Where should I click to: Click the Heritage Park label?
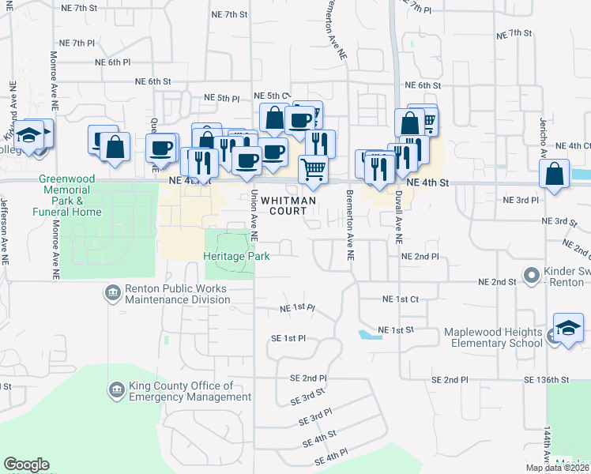[236, 256]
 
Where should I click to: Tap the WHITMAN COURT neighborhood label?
[289, 205]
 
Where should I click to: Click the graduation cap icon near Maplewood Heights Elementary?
[568, 328]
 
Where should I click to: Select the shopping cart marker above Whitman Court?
[314, 168]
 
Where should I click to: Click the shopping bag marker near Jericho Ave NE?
[555, 174]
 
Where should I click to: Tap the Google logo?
[26, 465]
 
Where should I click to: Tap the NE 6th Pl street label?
[111, 62]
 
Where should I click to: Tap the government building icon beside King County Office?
[117, 390]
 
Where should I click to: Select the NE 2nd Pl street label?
[420, 257]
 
